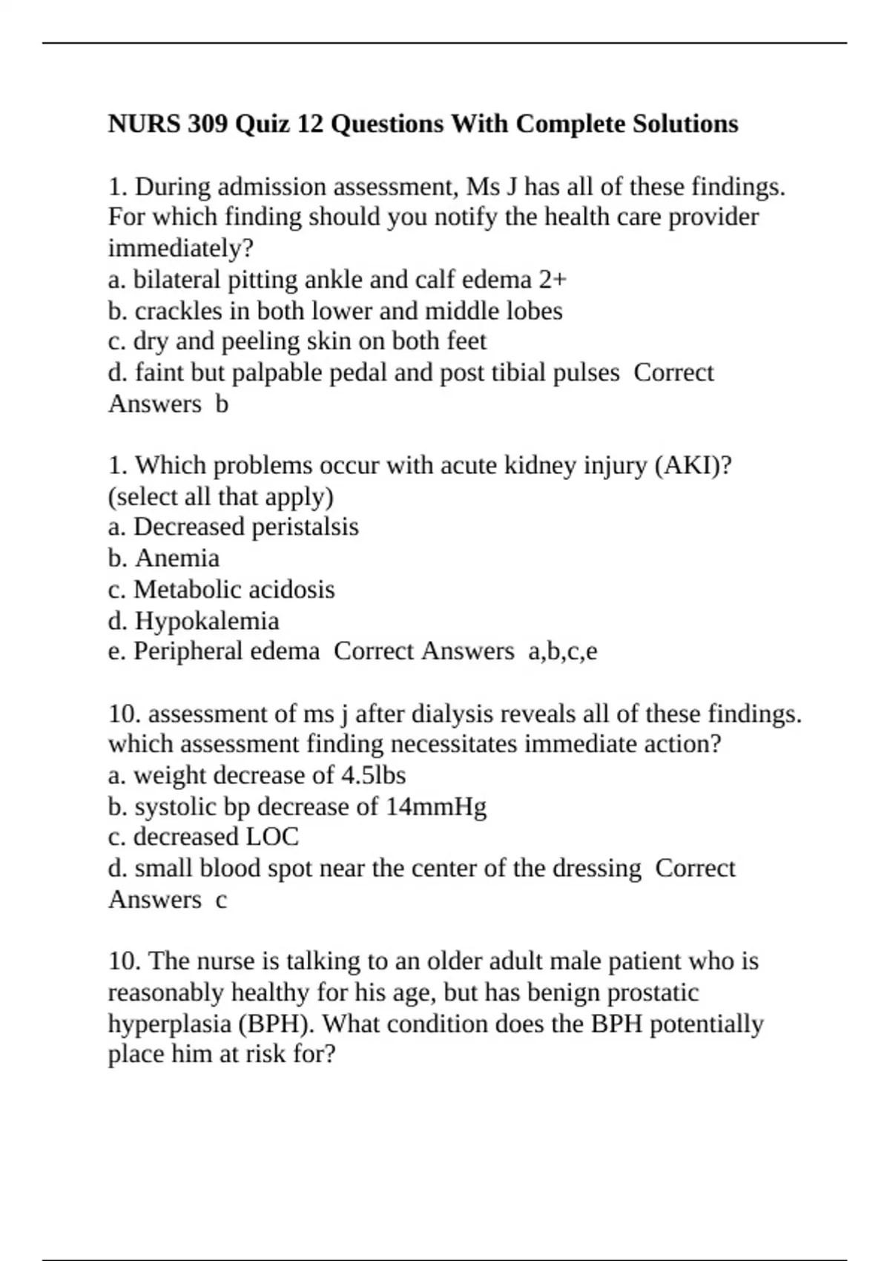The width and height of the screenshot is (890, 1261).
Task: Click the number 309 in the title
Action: pyautogui.click(x=207, y=124)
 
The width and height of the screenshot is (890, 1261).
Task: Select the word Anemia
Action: pyautogui.click(x=177, y=559)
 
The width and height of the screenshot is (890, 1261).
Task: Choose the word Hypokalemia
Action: pyautogui.click(x=207, y=621)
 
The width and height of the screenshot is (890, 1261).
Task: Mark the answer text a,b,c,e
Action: pyautogui.click(x=562, y=651)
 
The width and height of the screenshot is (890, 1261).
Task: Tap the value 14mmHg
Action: pyautogui.click(x=436, y=806)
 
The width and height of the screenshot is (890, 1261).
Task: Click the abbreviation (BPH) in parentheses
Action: pyautogui.click(x=276, y=1024)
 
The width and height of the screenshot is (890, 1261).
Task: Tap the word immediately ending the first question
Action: pyautogui.click(x=180, y=248)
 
